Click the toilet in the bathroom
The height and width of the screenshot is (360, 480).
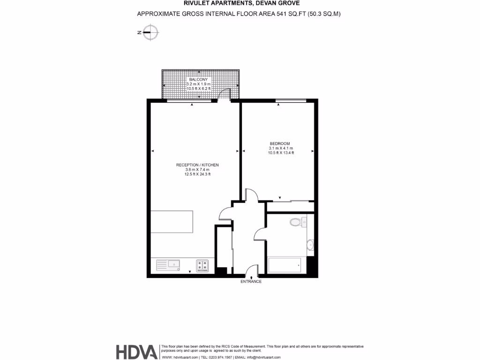pos(296,222)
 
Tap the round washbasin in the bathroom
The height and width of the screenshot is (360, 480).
pos(309,245)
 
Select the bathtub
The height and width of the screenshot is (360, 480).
pos(285,265)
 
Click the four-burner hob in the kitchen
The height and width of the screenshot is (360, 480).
pos(202,266)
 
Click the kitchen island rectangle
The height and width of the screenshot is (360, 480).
pos(172,222)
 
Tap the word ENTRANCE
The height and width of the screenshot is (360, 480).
pos(251,282)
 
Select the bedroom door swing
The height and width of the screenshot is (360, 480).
pos(251,194)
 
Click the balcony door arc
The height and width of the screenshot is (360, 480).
pos(225,94)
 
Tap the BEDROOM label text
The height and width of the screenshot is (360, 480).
pos(279,143)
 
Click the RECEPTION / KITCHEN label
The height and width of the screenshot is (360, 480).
pos(197,165)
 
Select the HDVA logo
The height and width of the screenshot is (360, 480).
pos(136,352)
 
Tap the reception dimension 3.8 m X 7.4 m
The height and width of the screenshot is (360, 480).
pos(197,170)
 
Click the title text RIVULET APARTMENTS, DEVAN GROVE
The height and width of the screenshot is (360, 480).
pos(239,4)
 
